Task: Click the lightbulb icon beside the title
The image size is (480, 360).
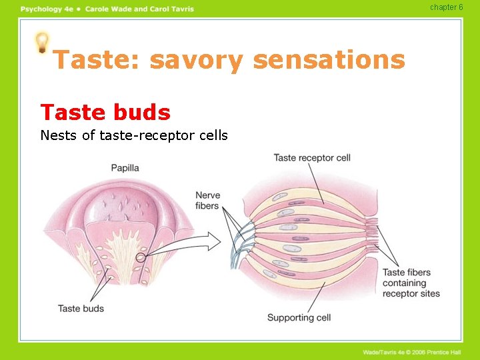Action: [x=42, y=43]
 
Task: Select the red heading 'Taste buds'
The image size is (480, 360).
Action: [x=105, y=112]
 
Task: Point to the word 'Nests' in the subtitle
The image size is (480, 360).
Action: [x=57, y=135]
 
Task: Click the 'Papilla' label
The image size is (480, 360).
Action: [x=125, y=168]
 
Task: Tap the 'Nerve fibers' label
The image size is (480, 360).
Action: [x=207, y=201]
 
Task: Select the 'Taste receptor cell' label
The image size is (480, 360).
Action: [x=312, y=158]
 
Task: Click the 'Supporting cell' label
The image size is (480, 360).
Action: [x=299, y=317]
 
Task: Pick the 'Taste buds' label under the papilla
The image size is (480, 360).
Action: [x=81, y=309]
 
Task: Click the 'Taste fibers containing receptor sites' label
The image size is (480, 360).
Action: [x=411, y=283]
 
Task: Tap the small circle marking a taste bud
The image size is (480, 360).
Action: [x=141, y=258]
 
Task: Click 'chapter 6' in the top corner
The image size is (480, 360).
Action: [x=447, y=7]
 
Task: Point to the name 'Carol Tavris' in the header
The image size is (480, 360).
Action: [x=172, y=9]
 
